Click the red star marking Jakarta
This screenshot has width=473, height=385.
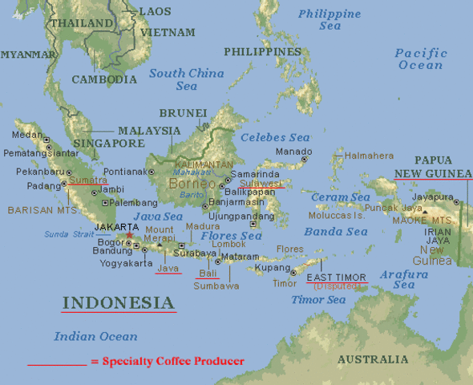click(x=129, y=236)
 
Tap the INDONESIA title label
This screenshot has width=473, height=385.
click(x=118, y=303)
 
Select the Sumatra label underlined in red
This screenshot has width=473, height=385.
click(x=87, y=180)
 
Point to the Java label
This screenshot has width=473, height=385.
click(x=168, y=268)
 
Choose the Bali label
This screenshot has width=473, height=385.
click(x=208, y=274)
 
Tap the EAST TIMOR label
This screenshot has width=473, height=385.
click(x=337, y=278)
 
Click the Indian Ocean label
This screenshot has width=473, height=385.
click(x=95, y=337)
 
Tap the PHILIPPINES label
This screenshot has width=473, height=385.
click(x=262, y=52)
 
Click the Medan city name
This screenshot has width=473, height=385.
click(x=27, y=135)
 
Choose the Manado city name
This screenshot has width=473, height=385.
click(x=293, y=152)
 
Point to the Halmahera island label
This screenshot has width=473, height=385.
click(x=369, y=156)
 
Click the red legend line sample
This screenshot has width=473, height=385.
click(x=56, y=364)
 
